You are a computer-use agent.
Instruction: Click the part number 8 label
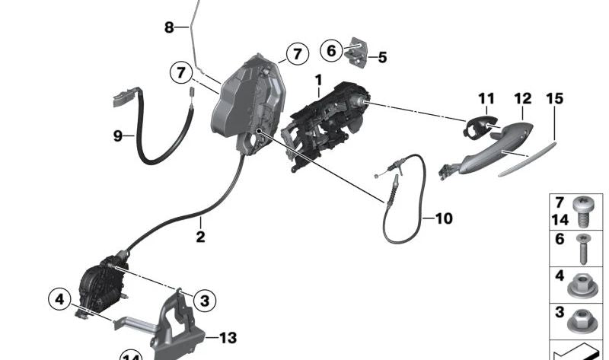[x=169, y=27]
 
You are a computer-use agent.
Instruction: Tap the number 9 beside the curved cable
[x=118, y=136]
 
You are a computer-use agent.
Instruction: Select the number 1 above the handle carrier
[x=319, y=79]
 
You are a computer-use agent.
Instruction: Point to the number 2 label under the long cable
[x=200, y=237]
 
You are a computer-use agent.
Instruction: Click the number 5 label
[x=382, y=57]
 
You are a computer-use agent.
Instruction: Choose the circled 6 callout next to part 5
[x=331, y=51]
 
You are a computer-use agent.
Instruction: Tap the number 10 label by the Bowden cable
[x=443, y=218]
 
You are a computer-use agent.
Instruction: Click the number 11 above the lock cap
[x=486, y=98]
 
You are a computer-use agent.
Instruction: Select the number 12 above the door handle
[x=522, y=98]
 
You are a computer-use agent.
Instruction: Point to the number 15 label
[x=555, y=98]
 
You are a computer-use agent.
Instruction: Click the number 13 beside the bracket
[x=228, y=336]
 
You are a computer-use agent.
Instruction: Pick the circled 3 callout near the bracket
[x=203, y=300]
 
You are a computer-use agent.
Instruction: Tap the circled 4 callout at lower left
[x=59, y=299]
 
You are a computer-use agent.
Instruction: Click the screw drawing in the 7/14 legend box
[x=582, y=212]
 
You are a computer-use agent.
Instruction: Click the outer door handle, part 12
[x=495, y=148]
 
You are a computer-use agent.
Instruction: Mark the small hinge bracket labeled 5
[x=360, y=51]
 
